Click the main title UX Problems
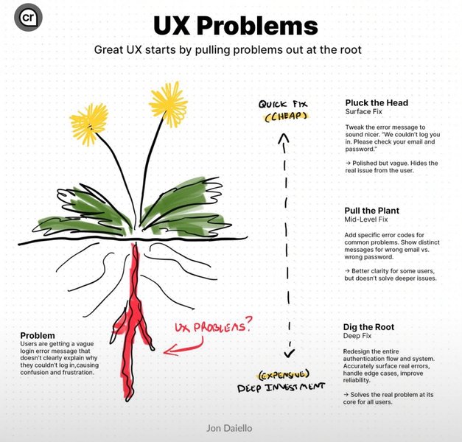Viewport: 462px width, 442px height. click(x=235, y=26)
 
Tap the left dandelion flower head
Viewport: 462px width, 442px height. click(x=89, y=123)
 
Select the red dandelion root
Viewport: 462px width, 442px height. click(x=135, y=317)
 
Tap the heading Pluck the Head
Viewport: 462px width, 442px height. click(x=376, y=102)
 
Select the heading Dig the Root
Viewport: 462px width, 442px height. click(x=368, y=326)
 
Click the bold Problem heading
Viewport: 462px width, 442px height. click(x=38, y=334)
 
